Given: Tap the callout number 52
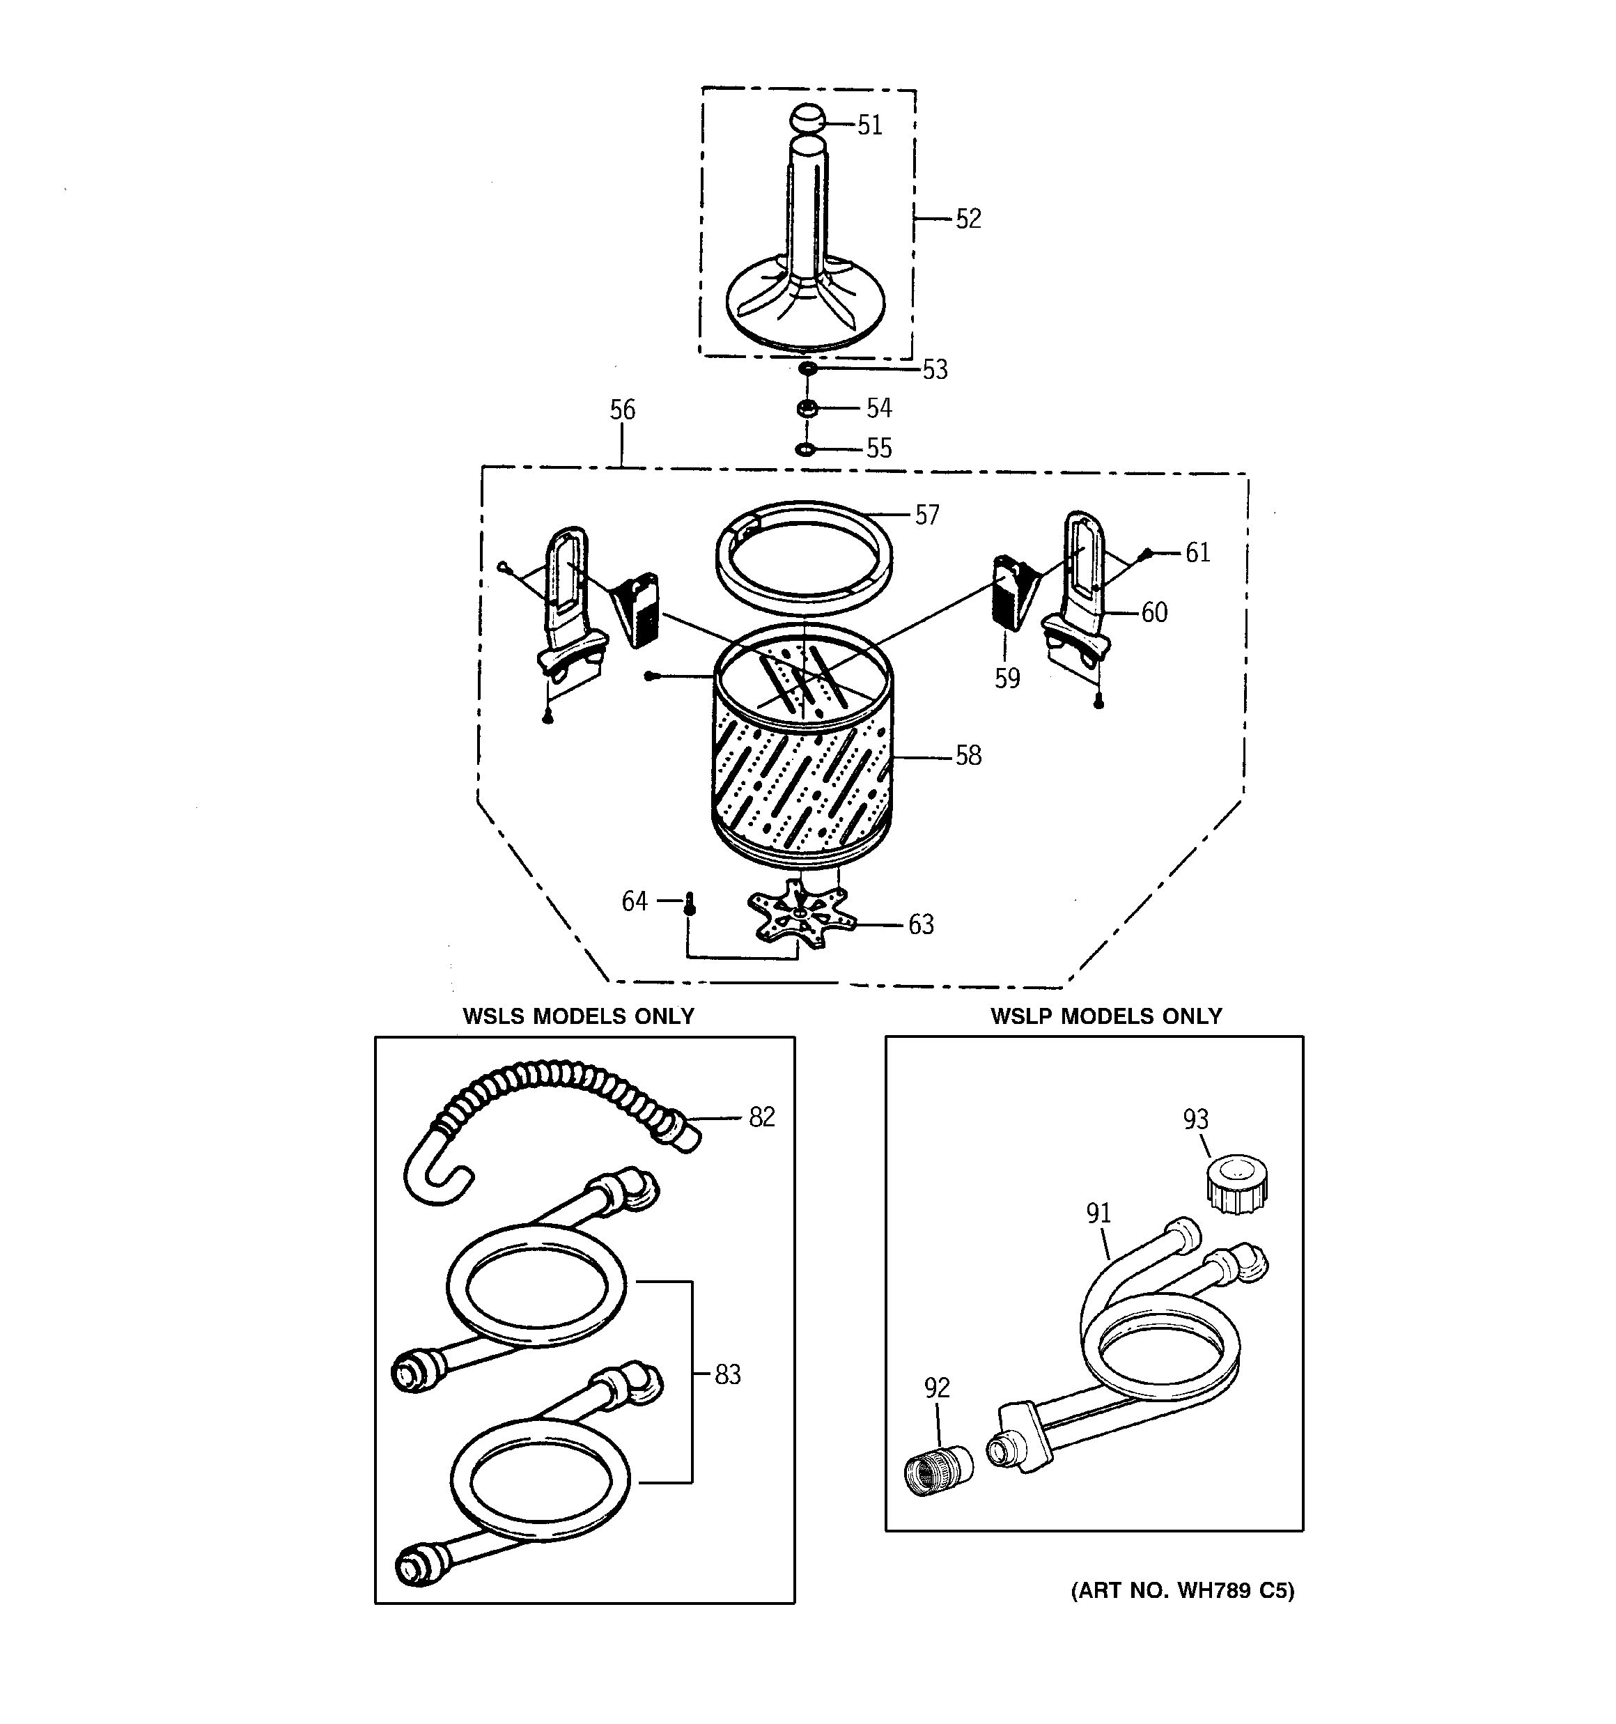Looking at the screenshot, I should tap(968, 219).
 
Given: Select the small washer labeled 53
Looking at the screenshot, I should tap(807, 369).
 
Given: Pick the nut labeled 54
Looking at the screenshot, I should tap(807, 407).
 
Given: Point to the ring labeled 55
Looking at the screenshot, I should tap(806, 449).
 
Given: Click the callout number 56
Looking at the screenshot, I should tap(622, 410).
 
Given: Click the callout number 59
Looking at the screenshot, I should tap(1007, 678).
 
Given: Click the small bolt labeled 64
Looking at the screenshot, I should tap(690, 903).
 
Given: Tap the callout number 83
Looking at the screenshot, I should tap(727, 1374).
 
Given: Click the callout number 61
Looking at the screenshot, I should tap(1197, 552).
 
